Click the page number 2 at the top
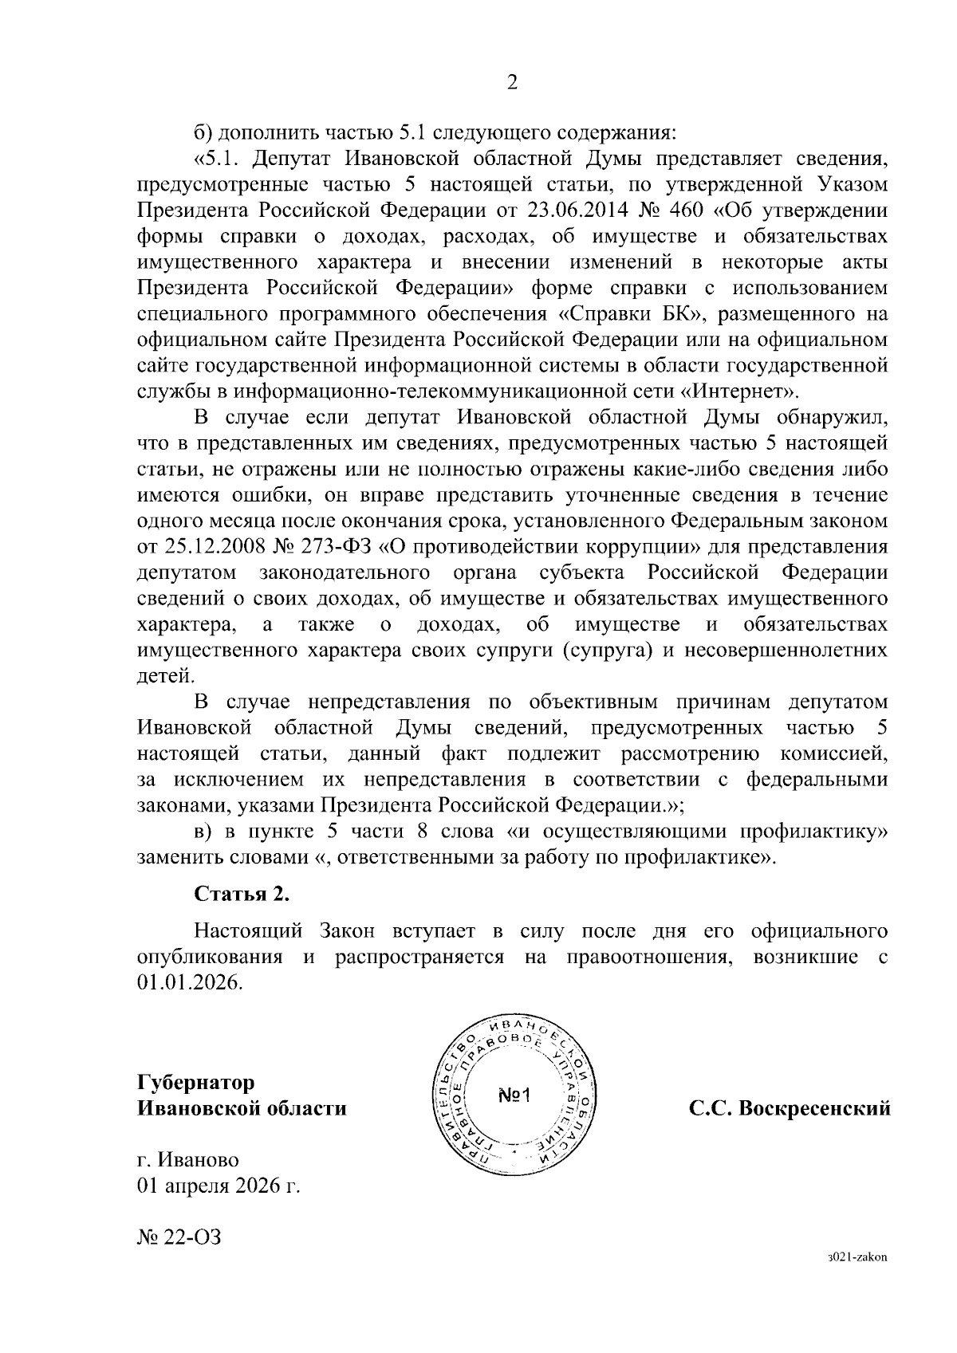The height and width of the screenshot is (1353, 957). pos(512,83)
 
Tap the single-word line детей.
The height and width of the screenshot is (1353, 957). pos(166,676)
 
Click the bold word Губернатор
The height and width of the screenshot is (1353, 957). pos(196,1082)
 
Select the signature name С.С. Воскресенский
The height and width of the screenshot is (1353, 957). pos(790,1108)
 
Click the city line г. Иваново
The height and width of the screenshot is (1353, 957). pos(188,1159)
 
